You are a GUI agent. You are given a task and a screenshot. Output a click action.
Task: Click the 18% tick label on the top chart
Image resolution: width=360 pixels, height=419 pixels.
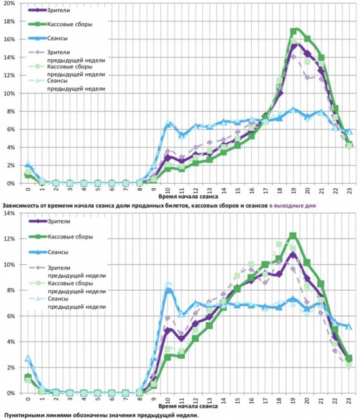[10, 21]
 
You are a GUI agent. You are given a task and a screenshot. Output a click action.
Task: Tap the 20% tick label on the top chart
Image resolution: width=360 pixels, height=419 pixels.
[10, 3]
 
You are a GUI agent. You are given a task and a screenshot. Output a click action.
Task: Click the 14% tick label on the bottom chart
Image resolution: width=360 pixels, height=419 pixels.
[10, 213]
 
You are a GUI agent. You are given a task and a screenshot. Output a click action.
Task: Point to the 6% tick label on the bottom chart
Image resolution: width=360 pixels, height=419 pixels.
[11, 316]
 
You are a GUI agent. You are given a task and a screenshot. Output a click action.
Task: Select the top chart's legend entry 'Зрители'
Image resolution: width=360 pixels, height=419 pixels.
[49, 10]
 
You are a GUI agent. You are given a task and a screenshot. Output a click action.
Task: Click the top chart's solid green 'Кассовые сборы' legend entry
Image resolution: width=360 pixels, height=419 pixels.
[61, 24]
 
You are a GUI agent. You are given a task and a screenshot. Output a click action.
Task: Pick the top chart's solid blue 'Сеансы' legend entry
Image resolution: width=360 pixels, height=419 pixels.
[48, 38]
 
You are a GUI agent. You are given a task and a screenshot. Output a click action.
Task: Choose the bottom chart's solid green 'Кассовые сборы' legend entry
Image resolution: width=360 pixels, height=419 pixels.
[61, 237]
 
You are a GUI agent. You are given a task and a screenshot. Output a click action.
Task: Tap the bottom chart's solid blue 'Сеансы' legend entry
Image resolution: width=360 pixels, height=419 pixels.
[48, 252]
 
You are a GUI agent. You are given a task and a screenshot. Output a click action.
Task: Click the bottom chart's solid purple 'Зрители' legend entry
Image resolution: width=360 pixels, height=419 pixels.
[50, 221]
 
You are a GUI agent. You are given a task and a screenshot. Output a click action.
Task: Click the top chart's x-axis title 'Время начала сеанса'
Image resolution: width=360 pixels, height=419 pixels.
[188, 197]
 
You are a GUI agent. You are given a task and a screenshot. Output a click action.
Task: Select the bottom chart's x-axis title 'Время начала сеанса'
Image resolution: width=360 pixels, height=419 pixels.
[188, 406]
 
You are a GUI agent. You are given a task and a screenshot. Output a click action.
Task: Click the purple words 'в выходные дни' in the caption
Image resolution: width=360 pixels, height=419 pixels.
[292, 206]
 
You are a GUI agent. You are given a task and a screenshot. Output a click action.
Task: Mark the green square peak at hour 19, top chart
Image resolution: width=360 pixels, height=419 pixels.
[294, 32]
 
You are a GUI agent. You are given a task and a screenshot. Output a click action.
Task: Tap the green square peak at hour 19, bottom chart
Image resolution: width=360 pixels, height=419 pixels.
[293, 236]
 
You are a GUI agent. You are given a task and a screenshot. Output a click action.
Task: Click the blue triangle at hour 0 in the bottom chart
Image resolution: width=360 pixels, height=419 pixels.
[28, 358]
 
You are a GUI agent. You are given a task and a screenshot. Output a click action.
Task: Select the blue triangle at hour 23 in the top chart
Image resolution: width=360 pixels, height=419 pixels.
[349, 132]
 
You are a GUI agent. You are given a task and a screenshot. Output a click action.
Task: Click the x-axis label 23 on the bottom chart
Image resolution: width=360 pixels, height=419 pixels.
[349, 400]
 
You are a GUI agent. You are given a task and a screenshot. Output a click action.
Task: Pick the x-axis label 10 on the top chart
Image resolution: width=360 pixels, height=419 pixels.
[167, 191]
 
